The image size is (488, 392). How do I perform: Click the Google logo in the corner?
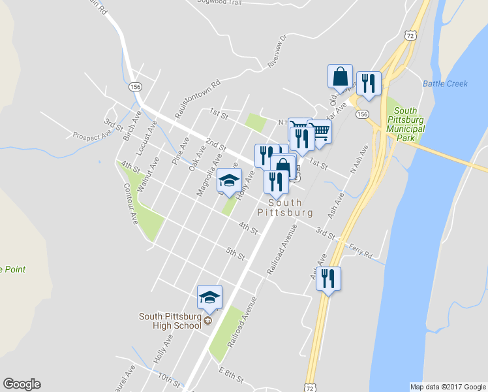[22, 384]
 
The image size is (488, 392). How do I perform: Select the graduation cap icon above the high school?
[209, 297]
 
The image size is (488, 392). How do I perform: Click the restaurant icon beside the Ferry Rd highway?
[328, 278]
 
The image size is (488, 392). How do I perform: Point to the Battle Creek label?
[445, 84]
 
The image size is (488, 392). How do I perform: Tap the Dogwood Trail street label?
[224, 2]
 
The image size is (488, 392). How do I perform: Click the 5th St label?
[235, 252]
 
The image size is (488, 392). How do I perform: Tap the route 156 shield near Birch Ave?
[135, 87]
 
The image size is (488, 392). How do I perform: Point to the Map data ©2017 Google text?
[448, 386]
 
